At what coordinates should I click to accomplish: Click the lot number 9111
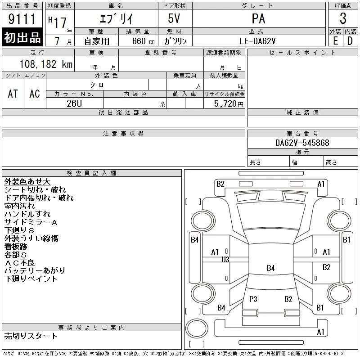point(22,19)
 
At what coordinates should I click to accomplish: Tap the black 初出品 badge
point(22,37)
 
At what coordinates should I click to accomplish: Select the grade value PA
point(258,19)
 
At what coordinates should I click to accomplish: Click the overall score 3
point(343,18)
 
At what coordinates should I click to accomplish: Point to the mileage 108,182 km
point(46,64)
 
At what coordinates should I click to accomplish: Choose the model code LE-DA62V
point(257,41)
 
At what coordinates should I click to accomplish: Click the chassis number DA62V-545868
point(302,143)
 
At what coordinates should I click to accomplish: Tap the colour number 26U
point(74,103)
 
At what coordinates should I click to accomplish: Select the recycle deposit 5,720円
point(229,104)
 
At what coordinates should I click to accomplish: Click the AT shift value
point(13,94)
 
